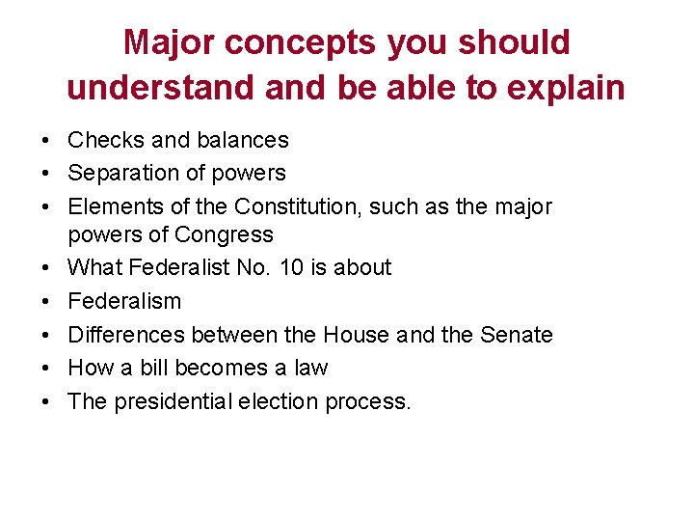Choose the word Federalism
tap(124, 301)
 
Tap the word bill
tap(165, 368)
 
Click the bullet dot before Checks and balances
tap(46, 141)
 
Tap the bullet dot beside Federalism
tap(46, 302)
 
